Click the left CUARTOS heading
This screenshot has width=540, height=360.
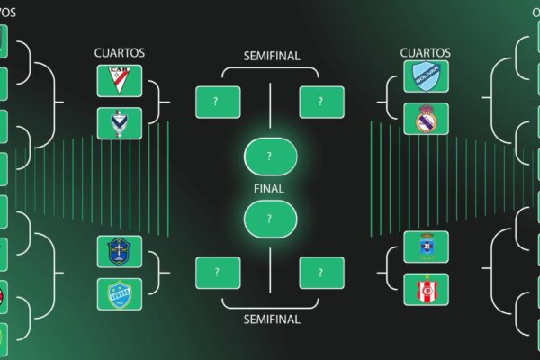pos(119,54)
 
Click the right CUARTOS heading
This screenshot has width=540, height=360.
pos(425,54)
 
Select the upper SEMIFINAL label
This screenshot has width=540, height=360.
pos(272,56)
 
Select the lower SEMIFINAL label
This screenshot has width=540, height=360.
pos(272,319)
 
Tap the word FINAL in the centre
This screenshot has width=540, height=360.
pos(270,189)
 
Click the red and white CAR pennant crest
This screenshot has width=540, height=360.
pos(119,81)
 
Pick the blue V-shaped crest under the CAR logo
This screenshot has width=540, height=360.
pos(119,123)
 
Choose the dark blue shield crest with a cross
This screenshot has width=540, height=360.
pos(119,251)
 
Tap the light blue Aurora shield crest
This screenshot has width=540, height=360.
pos(119,293)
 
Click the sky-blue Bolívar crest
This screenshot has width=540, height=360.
pos(425,76)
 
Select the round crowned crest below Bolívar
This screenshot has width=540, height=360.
pos(425,119)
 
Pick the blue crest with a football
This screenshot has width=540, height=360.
pos(425,247)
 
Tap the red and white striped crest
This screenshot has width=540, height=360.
pos(425,289)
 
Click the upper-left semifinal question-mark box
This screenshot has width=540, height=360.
pos(218,102)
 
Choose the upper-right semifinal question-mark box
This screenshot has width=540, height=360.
pos(321,102)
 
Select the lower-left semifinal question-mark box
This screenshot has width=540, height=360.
pos(218,273)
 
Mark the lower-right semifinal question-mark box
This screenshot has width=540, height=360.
pos(321,273)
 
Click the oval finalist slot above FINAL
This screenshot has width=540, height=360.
pos(270,157)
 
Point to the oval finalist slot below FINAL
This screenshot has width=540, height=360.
pos(270,219)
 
